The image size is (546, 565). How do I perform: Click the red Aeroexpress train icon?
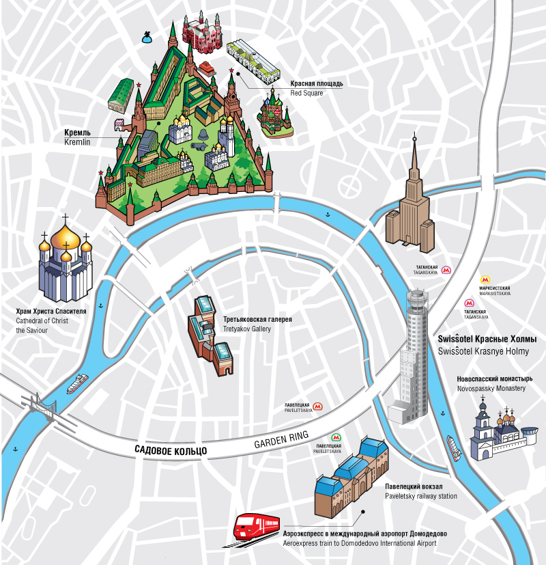255,529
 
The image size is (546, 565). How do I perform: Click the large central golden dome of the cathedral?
66,236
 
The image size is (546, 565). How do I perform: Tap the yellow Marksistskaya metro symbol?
485,280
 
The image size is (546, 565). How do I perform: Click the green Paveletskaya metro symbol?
335,437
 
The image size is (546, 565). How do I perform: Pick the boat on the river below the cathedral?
78,384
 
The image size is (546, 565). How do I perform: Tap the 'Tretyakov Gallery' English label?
247,329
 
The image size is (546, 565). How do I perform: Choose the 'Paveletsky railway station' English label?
420,496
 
